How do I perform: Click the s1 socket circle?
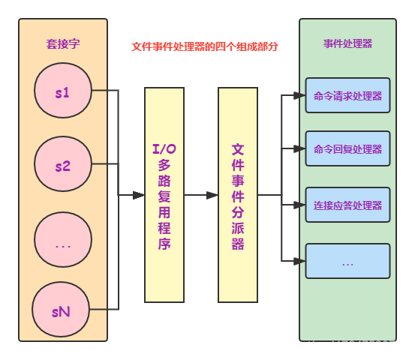click(63, 92)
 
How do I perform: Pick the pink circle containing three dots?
click(63, 241)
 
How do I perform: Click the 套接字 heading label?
click(63, 44)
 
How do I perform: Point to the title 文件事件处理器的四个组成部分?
click(205, 46)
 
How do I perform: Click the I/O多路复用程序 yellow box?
click(164, 195)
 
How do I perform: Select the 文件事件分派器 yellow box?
click(238, 195)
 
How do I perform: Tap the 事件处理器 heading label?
click(347, 43)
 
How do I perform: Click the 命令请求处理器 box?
click(347, 95)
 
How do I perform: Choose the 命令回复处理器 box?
click(347, 148)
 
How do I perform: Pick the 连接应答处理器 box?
click(347, 205)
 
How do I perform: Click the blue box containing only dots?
click(347, 261)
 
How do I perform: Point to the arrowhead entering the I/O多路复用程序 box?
click(139, 195)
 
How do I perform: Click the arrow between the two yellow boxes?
click(201, 195)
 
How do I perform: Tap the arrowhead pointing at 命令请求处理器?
click(299, 95)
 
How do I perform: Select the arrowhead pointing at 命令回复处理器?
click(299, 148)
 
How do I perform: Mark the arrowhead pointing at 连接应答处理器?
click(299, 205)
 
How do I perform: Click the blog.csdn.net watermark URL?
click(307, 346)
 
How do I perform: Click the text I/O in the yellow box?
click(164, 149)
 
